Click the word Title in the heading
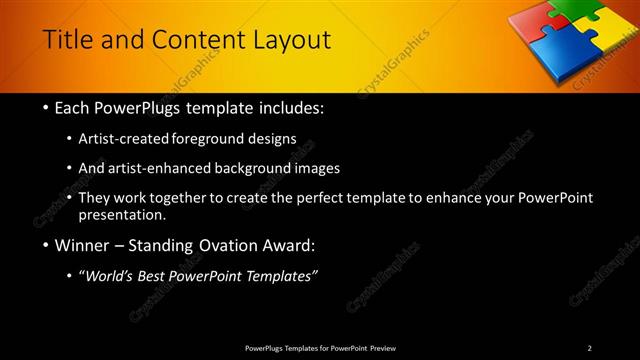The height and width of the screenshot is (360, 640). coord(68,40)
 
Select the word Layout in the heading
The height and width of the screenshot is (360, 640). coord(291,40)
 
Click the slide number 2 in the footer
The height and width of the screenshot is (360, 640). coord(590,348)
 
